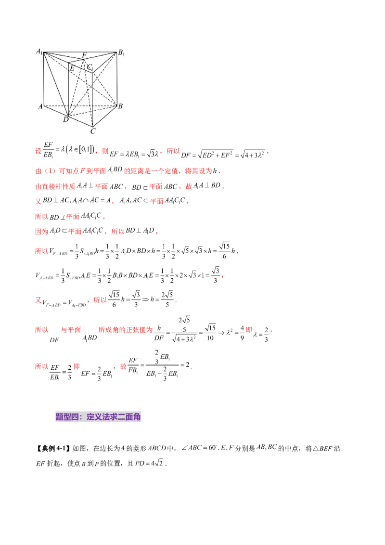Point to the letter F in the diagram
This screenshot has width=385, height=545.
click(84, 55)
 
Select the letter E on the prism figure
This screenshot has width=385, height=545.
click(72, 68)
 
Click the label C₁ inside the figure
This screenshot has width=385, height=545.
click(90, 68)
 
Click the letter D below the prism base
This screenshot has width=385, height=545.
click(65, 120)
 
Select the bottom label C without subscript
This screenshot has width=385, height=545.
click(93, 130)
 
